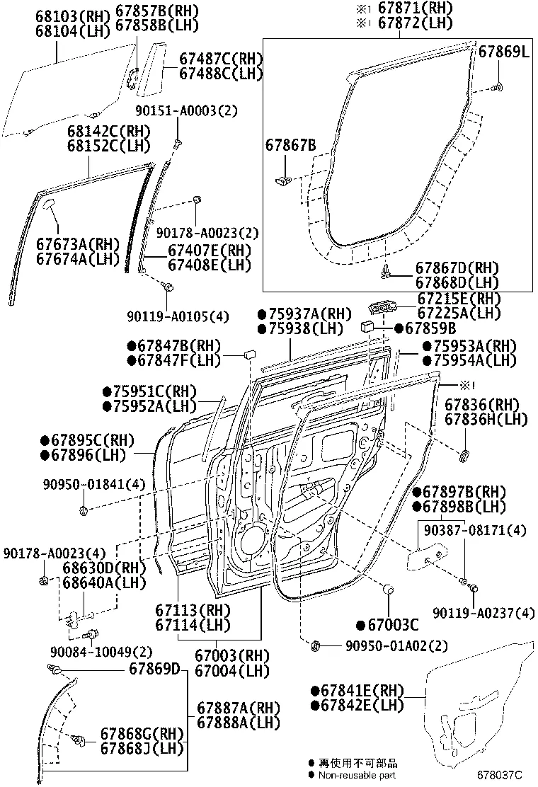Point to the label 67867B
290,146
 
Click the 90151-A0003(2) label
186,111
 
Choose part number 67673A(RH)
76,244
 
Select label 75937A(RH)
304,314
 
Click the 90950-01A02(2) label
397,646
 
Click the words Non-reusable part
358,776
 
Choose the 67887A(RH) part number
239,708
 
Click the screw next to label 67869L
497,87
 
